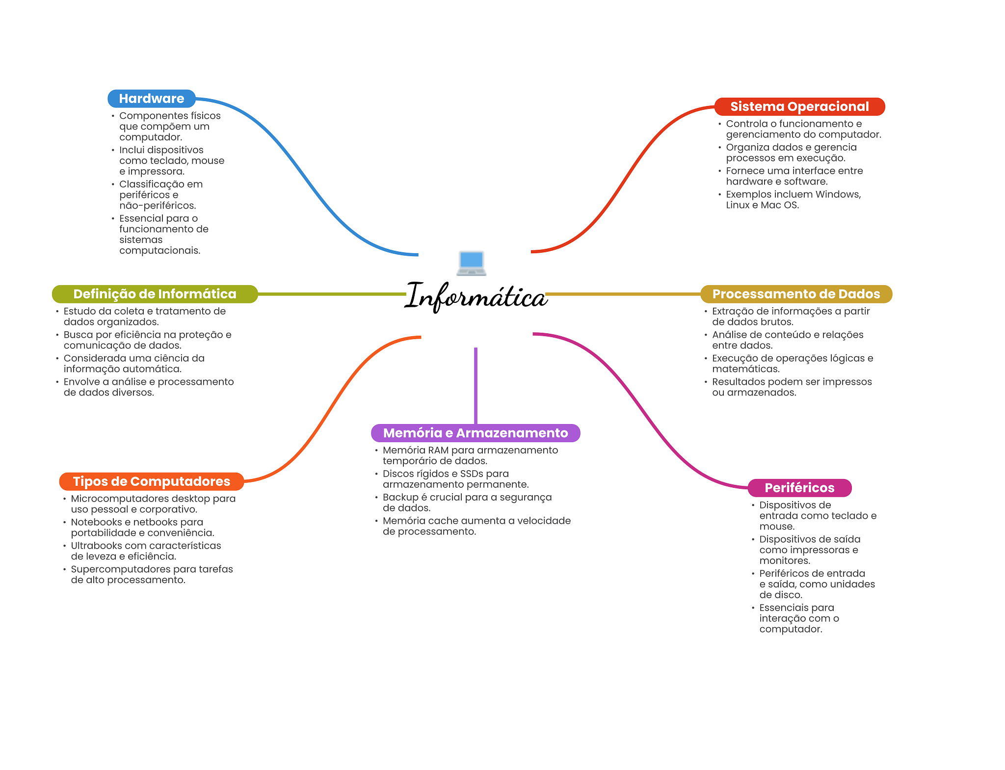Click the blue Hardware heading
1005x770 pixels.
coord(151,99)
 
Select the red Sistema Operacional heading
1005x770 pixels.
coord(799,106)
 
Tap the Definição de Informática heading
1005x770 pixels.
coord(155,294)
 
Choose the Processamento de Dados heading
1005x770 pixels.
coord(796,294)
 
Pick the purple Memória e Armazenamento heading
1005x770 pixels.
coord(476,433)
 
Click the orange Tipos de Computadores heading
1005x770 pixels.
coord(151,481)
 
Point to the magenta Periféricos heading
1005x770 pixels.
coord(799,488)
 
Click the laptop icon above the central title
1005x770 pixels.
coord(472,263)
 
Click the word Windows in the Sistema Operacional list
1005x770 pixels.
coord(838,194)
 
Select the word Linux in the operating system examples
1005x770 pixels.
coord(738,205)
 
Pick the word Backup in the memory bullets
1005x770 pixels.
coord(400,497)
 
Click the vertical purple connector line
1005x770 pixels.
coord(476,385)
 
